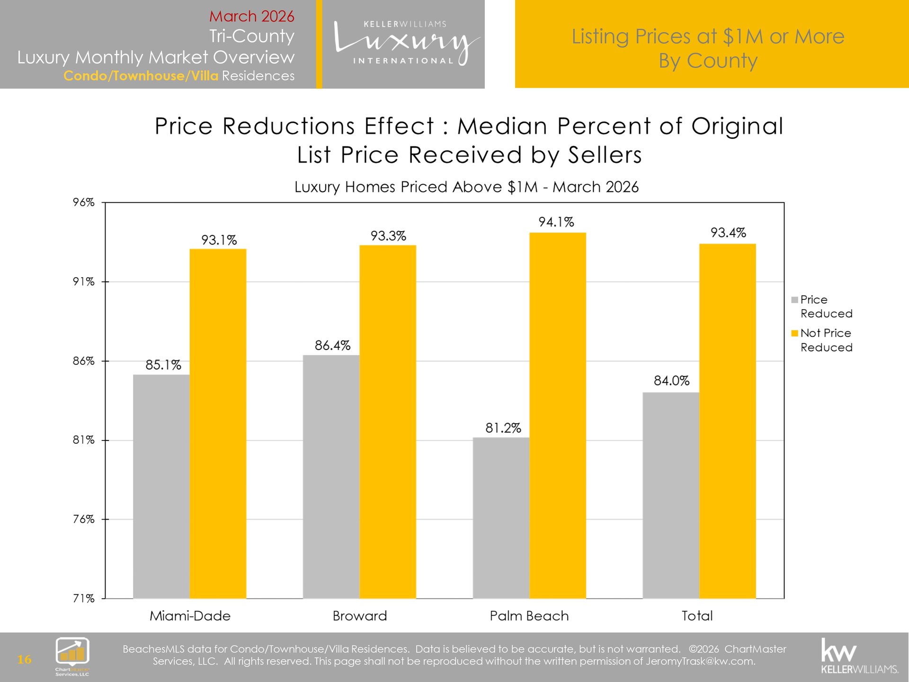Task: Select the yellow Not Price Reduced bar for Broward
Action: (388, 422)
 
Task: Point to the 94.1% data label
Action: (556, 222)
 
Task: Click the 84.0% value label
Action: (671, 381)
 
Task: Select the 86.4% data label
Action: (332, 346)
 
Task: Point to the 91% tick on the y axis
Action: (84, 282)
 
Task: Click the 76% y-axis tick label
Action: (84, 519)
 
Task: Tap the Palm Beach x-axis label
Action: (529, 616)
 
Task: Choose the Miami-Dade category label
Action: (190, 616)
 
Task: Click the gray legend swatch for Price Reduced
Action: (794, 300)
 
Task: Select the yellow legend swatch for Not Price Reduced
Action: (794, 333)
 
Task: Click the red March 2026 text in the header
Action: (251, 16)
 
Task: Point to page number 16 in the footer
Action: (24, 659)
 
